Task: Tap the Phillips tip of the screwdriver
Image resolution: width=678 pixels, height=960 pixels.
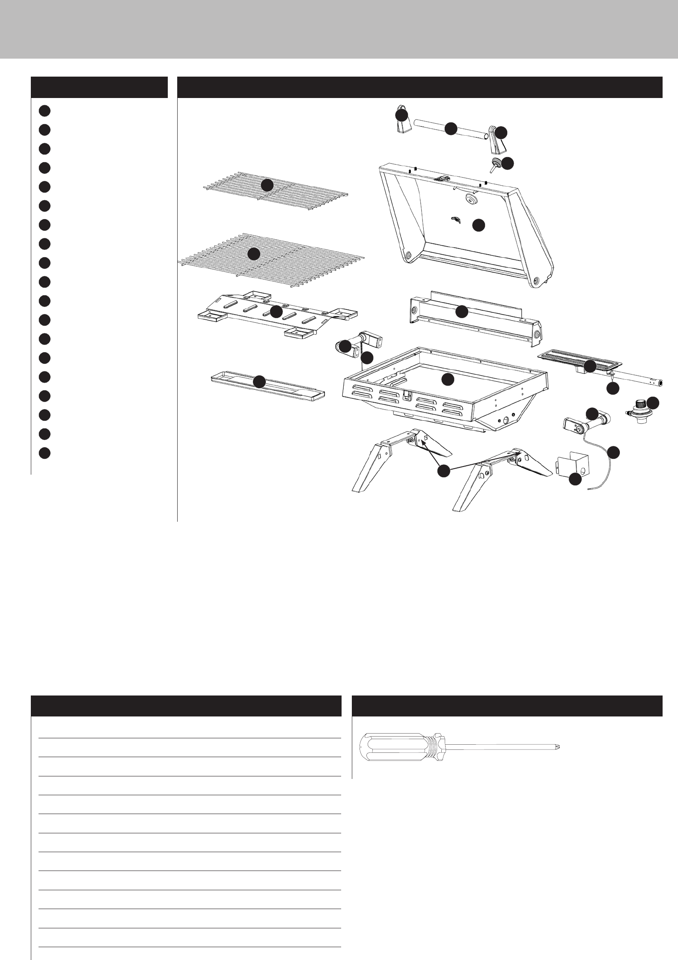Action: click(558, 747)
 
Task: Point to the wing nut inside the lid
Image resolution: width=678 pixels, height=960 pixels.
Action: click(455, 220)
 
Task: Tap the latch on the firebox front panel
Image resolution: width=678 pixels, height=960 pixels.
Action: click(407, 396)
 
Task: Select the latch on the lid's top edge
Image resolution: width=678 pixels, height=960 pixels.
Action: click(442, 177)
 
